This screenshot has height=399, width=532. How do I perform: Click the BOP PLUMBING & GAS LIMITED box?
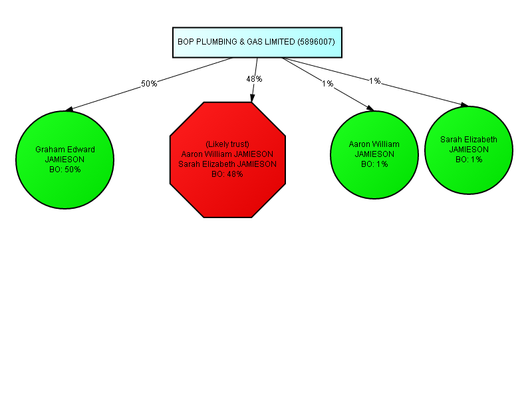[x=257, y=43]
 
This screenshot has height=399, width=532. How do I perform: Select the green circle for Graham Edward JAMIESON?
[x=65, y=160]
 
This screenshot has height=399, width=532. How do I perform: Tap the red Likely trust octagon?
[x=227, y=160]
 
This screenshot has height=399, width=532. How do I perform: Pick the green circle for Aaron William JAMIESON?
[x=374, y=155]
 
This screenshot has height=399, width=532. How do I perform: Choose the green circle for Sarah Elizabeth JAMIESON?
[x=469, y=150]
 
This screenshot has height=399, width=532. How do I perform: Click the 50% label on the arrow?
[x=149, y=84]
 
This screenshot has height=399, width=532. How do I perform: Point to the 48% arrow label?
[x=254, y=79]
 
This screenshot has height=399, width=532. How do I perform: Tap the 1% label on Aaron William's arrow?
[x=328, y=84]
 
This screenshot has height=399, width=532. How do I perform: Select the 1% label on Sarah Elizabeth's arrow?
[x=375, y=80]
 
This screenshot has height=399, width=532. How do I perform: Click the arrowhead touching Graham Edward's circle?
[x=69, y=109]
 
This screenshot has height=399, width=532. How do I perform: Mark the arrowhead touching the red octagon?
[x=252, y=98]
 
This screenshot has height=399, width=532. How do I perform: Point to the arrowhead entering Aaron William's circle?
[x=370, y=108]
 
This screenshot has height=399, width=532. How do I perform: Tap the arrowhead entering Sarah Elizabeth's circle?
[x=464, y=105]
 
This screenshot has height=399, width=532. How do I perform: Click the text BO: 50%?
[x=65, y=170]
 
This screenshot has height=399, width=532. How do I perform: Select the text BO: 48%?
[x=227, y=174]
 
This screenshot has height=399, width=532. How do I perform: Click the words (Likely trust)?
[x=227, y=144]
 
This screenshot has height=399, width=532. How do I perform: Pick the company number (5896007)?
[x=317, y=42]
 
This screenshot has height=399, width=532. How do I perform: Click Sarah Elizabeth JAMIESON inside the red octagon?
[x=227, y=164]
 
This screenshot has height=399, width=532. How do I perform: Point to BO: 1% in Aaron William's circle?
[x=374, y=164]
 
